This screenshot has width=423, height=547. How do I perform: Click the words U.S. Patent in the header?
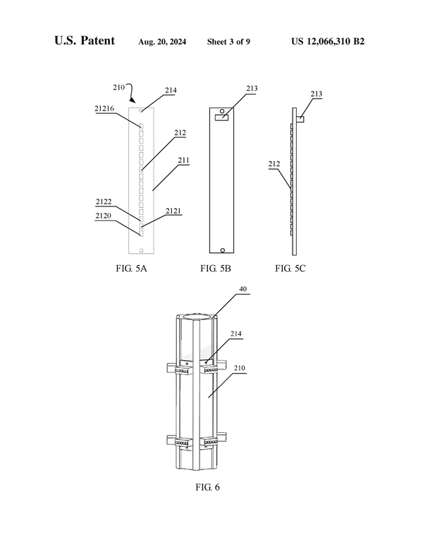tap(85, 41)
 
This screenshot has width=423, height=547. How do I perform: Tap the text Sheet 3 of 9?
tap(228, 42)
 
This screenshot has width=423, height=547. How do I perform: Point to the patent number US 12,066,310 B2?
tap(328, 42)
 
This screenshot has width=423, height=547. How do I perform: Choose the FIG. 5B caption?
tap(216, 269)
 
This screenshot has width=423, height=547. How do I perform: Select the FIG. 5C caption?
tap(290, 269)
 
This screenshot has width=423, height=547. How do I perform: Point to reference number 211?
tap(183, 161)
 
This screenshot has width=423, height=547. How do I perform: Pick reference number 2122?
tap(104, 202)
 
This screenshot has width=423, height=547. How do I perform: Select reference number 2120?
tap(104, 216)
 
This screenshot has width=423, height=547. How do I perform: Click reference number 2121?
tap(173, 211)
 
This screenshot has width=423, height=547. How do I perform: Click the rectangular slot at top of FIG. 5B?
tap(222, 119)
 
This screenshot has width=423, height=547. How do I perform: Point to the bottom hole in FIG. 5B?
tap(222, 250)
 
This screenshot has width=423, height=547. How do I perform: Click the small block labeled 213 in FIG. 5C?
tap(300, 119)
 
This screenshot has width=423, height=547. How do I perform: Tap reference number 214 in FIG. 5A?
tap(171, 90)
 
